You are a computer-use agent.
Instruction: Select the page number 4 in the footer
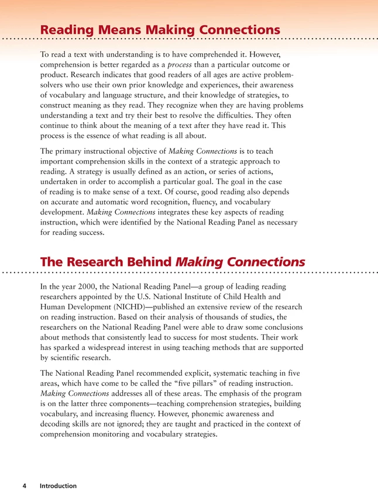[x=23, y=486]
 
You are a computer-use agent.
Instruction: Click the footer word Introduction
[x=58, y=486]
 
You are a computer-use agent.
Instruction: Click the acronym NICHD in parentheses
[x=132, y=307]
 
